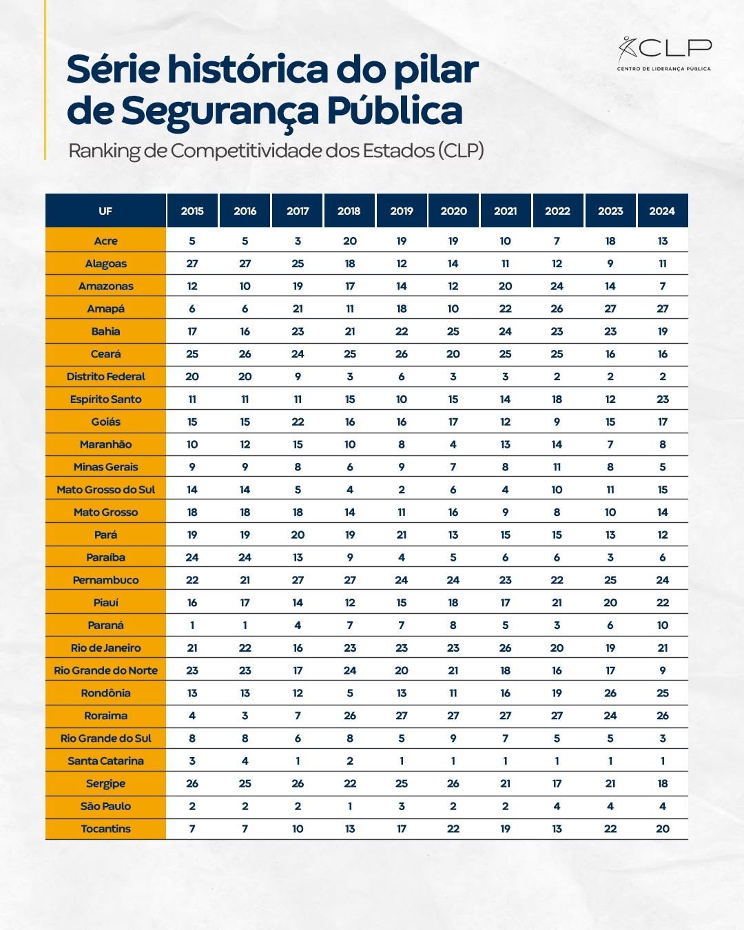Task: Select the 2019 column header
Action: click(402, 211)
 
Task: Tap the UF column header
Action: click(105, 211)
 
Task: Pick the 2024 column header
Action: click(662, 211)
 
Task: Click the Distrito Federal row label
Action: click(105, 377)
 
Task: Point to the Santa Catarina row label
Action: click(105, 761)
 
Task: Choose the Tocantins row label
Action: click(105, 829)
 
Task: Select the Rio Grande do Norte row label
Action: click(105, 670)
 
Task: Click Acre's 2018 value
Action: click(350, 241)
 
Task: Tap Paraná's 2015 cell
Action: click(192, 626)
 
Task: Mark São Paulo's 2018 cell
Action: click(350, 806)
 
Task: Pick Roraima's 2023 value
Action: click(610, 716)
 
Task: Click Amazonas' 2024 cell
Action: click(662, 286)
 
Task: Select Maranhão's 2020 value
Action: click(453, 444)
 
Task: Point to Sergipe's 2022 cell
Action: click(557, 783)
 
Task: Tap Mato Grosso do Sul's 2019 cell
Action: click(402, 490)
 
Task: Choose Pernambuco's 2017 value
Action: click(298, 580)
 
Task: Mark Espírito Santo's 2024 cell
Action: click(662, 400)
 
